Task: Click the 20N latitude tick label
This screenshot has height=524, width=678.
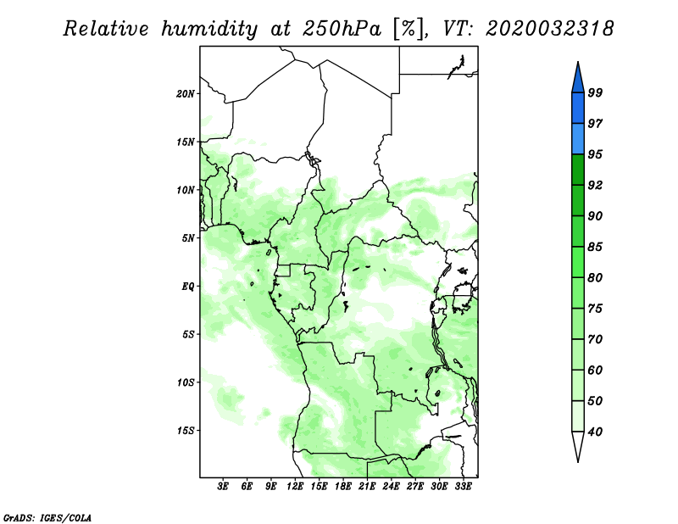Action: [x=186, y=94]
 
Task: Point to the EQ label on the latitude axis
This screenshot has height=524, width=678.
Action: [x=188, y=287]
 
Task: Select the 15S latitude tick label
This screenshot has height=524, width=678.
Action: [x=186, y=431]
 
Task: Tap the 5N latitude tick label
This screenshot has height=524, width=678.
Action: [x=188, y=238]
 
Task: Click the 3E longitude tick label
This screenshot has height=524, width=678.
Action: [x=223, y=487]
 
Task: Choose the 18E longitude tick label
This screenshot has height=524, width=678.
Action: [x=343, y=487]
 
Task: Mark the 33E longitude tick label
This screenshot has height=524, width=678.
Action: [x=463, y=487]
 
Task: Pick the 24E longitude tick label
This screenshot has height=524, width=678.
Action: [x=391, y=487]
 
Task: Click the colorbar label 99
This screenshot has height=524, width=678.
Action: [x=595, y=92]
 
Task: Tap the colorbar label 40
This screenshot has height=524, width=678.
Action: [x=595, y=432]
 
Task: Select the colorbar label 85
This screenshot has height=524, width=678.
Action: [x=595, y=247]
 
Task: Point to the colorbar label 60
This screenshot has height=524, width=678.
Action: [x=595, y=370]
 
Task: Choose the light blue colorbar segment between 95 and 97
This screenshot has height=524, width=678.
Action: [x=578, y=139]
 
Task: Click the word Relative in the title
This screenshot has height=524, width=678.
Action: [x=105, y=29]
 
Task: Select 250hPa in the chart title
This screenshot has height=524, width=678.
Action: [x=342, y=29]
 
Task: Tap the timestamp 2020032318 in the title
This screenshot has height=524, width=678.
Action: [x=549, y=29]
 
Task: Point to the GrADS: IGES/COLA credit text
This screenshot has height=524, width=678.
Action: [x=47, y=518]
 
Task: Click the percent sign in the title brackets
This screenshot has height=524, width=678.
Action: [x=408, y=29]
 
